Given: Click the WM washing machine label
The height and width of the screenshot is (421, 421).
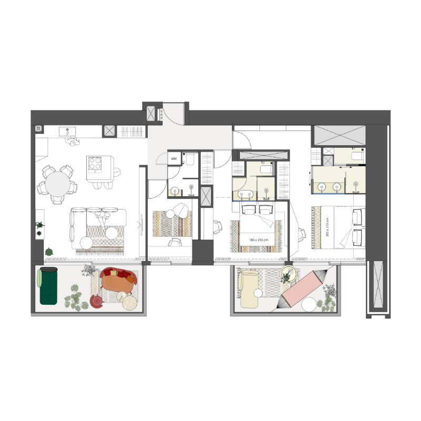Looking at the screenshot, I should pos(174,158).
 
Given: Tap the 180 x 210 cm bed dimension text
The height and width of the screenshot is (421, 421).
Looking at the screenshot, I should pos(258,240).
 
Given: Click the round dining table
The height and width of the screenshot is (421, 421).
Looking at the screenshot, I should pos(58,184).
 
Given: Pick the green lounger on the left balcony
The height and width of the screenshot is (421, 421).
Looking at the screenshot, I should pos(48,285).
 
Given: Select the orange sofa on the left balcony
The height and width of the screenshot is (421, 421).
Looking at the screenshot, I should pos(117,283).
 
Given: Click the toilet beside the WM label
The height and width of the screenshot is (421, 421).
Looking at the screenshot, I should pos(190,159).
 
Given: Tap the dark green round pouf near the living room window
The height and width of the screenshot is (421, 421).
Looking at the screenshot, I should pos(49,252).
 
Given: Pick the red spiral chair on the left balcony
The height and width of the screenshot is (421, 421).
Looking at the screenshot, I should pos(97,301).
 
